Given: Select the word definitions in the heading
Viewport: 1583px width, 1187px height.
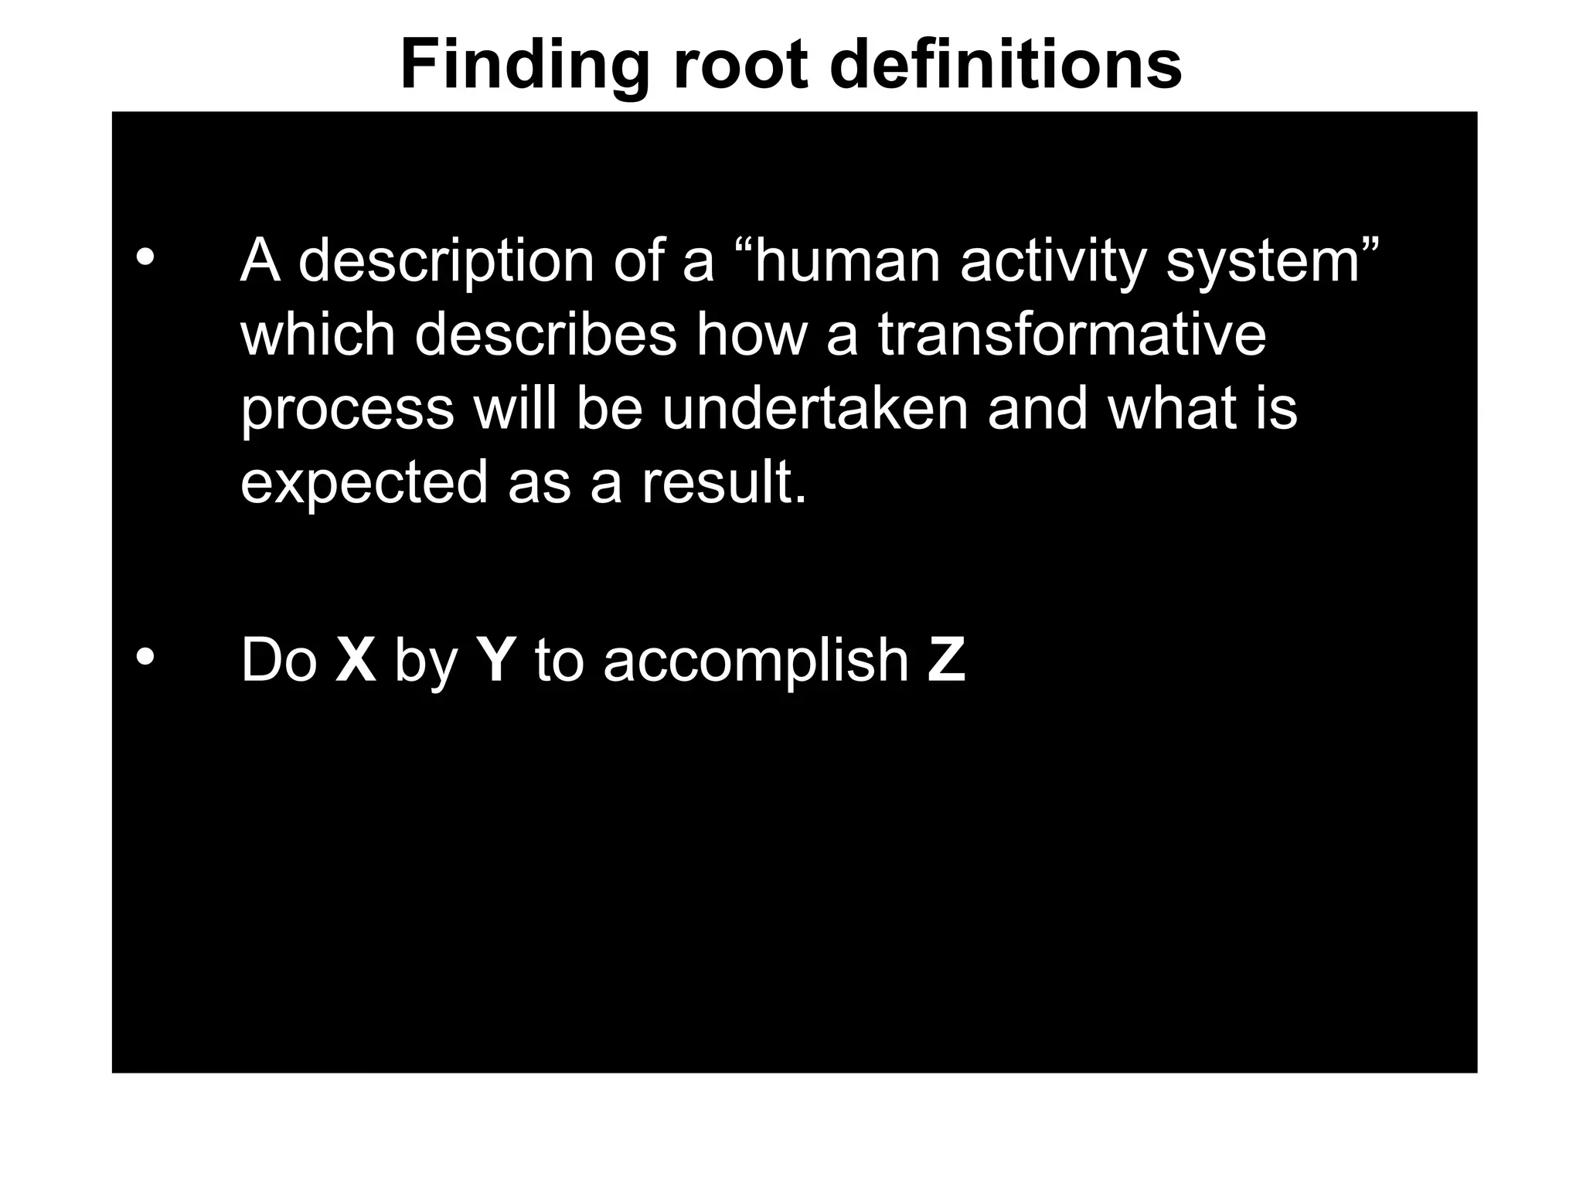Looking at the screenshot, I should coord(1006,65).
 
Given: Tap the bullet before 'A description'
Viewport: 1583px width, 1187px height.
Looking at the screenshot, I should coord(145,257).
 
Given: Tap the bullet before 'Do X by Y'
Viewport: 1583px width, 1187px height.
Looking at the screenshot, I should coord(145,658).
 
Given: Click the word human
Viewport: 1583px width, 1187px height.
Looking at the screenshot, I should coord(847,261).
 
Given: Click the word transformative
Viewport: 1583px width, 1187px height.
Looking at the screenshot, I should coord(1072,335).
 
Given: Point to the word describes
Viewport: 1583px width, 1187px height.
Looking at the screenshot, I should coord(546,335).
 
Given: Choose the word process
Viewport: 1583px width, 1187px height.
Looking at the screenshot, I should coord(347,410).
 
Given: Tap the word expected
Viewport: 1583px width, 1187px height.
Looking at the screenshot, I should coord(364,483).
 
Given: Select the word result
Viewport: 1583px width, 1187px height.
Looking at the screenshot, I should coord(723,481).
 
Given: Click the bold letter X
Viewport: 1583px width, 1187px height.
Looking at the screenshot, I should coord(356,661).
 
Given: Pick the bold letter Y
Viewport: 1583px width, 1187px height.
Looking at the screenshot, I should coord(496,661).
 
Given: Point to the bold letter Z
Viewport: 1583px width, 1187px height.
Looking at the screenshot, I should coord(947,661).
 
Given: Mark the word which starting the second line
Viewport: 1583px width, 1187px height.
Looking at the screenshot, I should coord(318,335).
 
